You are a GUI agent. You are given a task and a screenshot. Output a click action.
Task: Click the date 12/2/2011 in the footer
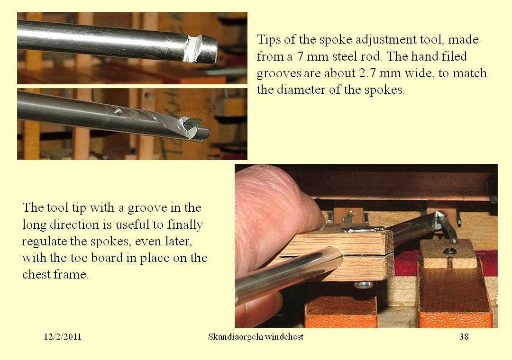(x=63, y=336)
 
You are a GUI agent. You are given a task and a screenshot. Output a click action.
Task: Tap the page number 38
(x=464, y=336)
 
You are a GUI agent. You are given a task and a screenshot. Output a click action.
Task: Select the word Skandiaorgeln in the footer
(x=235, y=337)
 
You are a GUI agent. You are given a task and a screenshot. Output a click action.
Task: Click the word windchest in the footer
(x=284, y=336)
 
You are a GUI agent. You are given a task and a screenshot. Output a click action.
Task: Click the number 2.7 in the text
(x=367, y=73)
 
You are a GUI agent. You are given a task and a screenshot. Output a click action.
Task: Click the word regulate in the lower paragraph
(x=44, y=242)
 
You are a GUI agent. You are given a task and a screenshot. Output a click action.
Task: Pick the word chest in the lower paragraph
(x=36, y=274)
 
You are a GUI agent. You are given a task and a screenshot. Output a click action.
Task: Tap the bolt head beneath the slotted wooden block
(x=364, y=285)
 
